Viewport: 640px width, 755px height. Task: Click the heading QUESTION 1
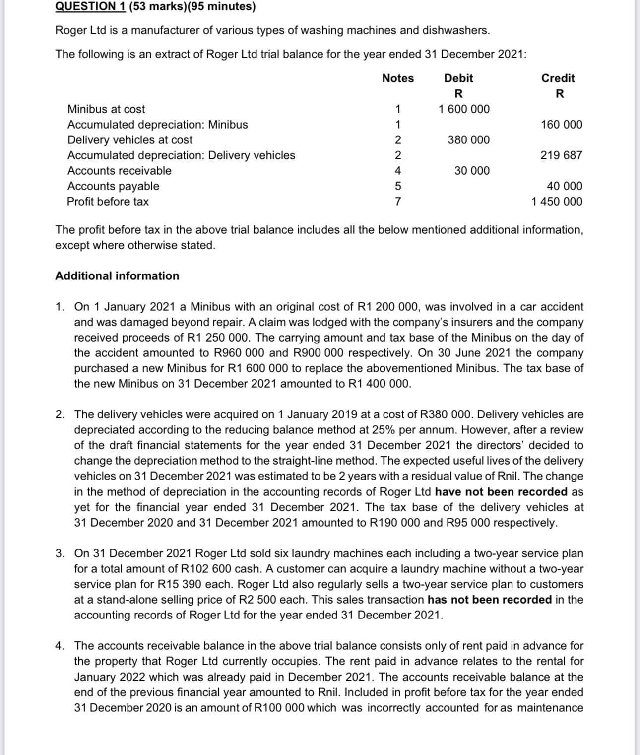[90, 6]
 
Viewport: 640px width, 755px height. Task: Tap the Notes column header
[398, 78]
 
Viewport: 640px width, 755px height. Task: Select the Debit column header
[458, 78]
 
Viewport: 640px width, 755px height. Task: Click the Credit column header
[558, 78]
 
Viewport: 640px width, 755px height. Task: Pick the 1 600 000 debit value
[464, 109]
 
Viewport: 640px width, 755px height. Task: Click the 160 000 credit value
[562, 125]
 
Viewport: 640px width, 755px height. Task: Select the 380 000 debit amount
[468, 140]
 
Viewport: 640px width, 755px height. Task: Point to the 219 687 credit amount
[561, 155]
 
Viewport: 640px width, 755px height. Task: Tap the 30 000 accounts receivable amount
[472, 171]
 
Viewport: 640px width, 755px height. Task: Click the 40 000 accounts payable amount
[565, 186]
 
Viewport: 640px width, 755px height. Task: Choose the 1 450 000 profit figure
[557, 202]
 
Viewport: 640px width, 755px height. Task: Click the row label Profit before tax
[108, 202]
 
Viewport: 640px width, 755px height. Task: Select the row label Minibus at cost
[106, 109]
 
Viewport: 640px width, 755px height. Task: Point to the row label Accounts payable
[113, 186]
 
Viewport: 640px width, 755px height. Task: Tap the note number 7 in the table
[398, 202]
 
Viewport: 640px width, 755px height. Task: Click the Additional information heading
[117, 276]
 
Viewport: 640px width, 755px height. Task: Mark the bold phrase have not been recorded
[501, 492]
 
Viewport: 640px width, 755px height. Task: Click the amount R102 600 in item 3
[210, 569]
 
